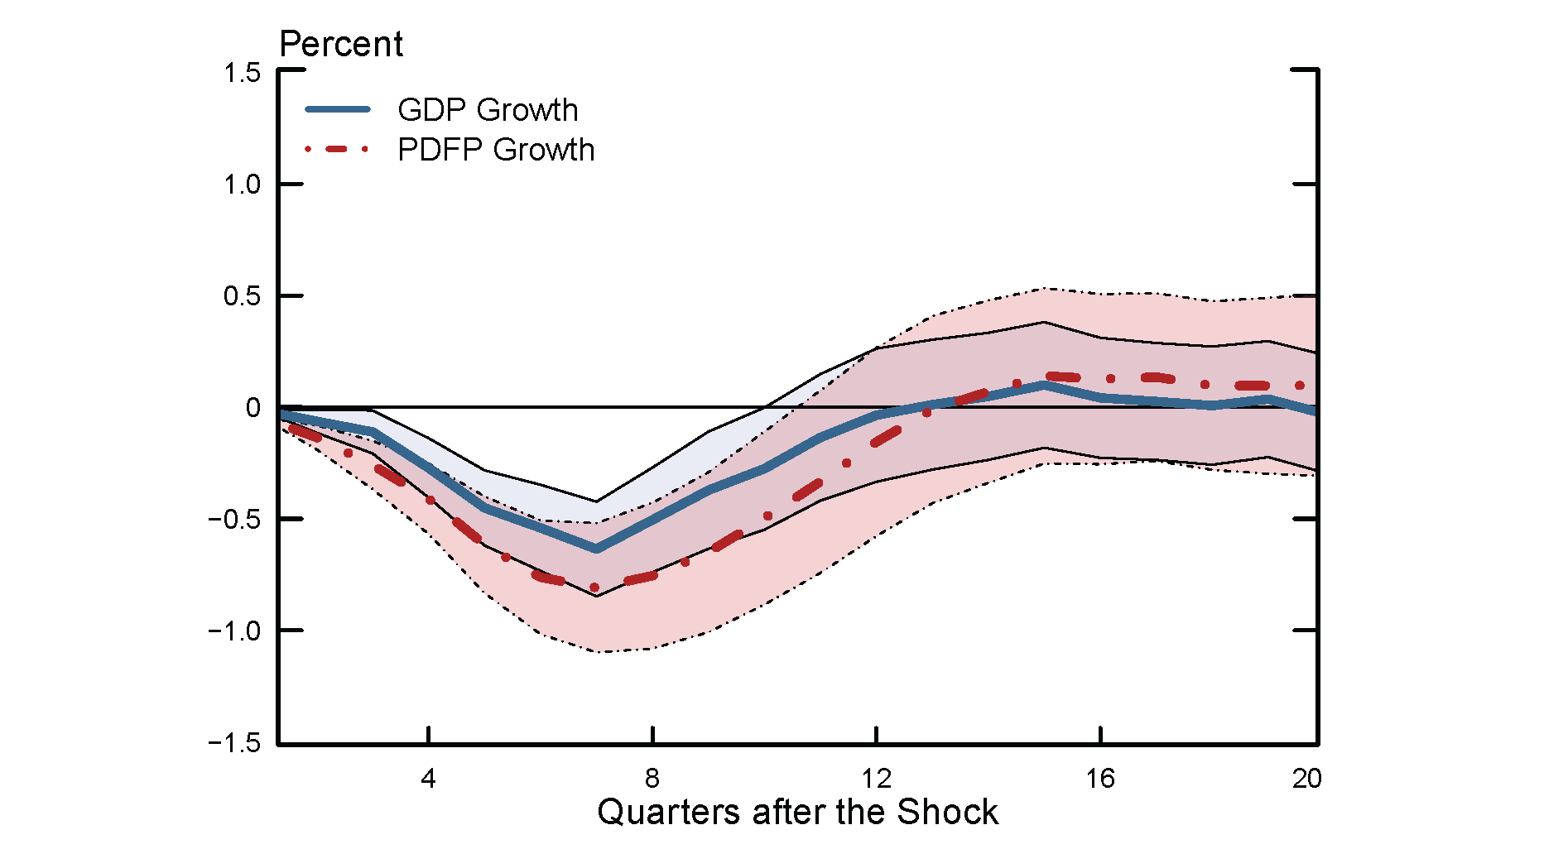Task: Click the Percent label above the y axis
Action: [x=341, y=44]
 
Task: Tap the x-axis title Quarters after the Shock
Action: [x=797, y=812]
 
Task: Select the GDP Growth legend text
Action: [x=488, y=109]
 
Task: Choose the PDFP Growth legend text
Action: [x=496, y=150]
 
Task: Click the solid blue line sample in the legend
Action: [x=338, y=109]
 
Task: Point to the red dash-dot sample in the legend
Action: [x=338, y=150]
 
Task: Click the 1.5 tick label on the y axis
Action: [x=242, y=73]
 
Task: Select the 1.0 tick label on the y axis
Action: [x=242, y=185]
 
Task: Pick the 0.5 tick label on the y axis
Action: [x=242, y=296]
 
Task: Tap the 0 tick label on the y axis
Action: [x=253, y=407]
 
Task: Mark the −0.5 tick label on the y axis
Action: [x=234, y=520]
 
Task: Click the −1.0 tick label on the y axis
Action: [x=234, y=631]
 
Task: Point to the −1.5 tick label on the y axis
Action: [x=234, y=743]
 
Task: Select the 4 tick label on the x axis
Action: [x=428, y=779]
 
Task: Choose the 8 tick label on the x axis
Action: [x=652, y=779]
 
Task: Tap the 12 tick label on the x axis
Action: [x=876, y=779]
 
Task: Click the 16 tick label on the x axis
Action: [x=1100, y=779]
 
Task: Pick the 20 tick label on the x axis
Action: [x=1307, y=779]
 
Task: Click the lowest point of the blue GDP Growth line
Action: [x=596, y=549]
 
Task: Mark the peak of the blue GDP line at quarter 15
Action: [x=1045, y=385]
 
